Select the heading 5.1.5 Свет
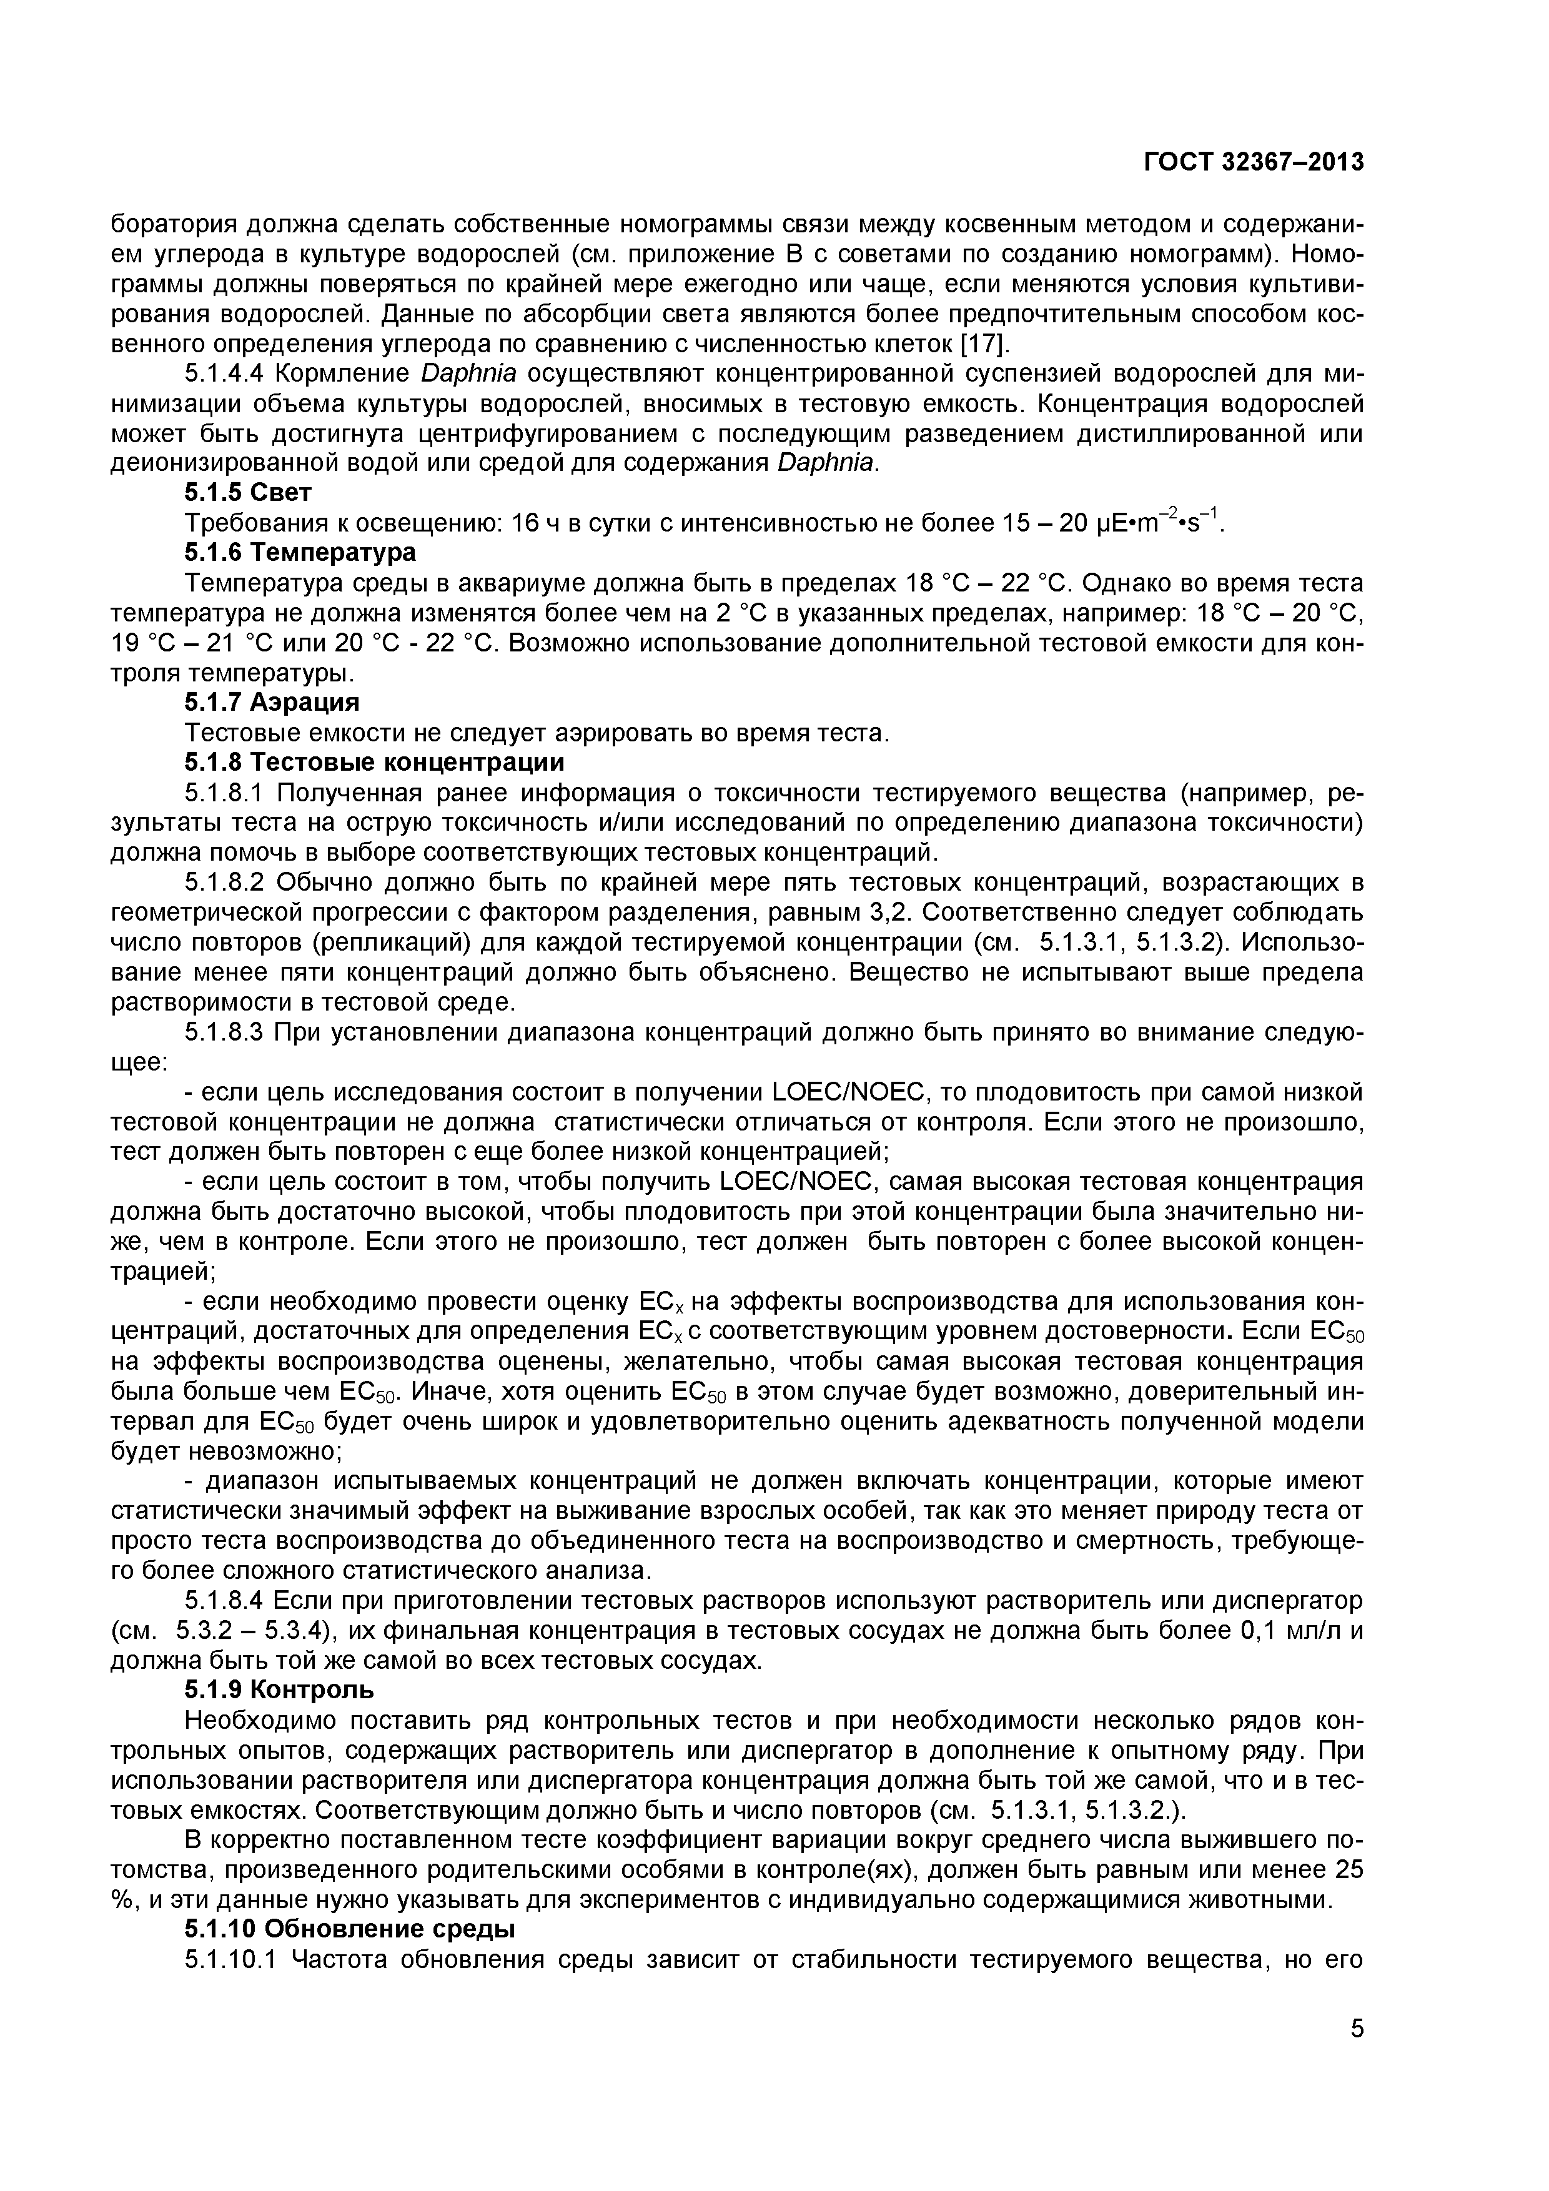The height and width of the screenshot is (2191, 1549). point(248,492)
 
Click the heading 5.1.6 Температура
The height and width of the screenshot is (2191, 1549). point(300,553)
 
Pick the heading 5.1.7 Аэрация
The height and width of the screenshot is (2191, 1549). point(272,703)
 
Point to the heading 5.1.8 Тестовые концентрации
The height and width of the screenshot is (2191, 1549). point(374,763)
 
